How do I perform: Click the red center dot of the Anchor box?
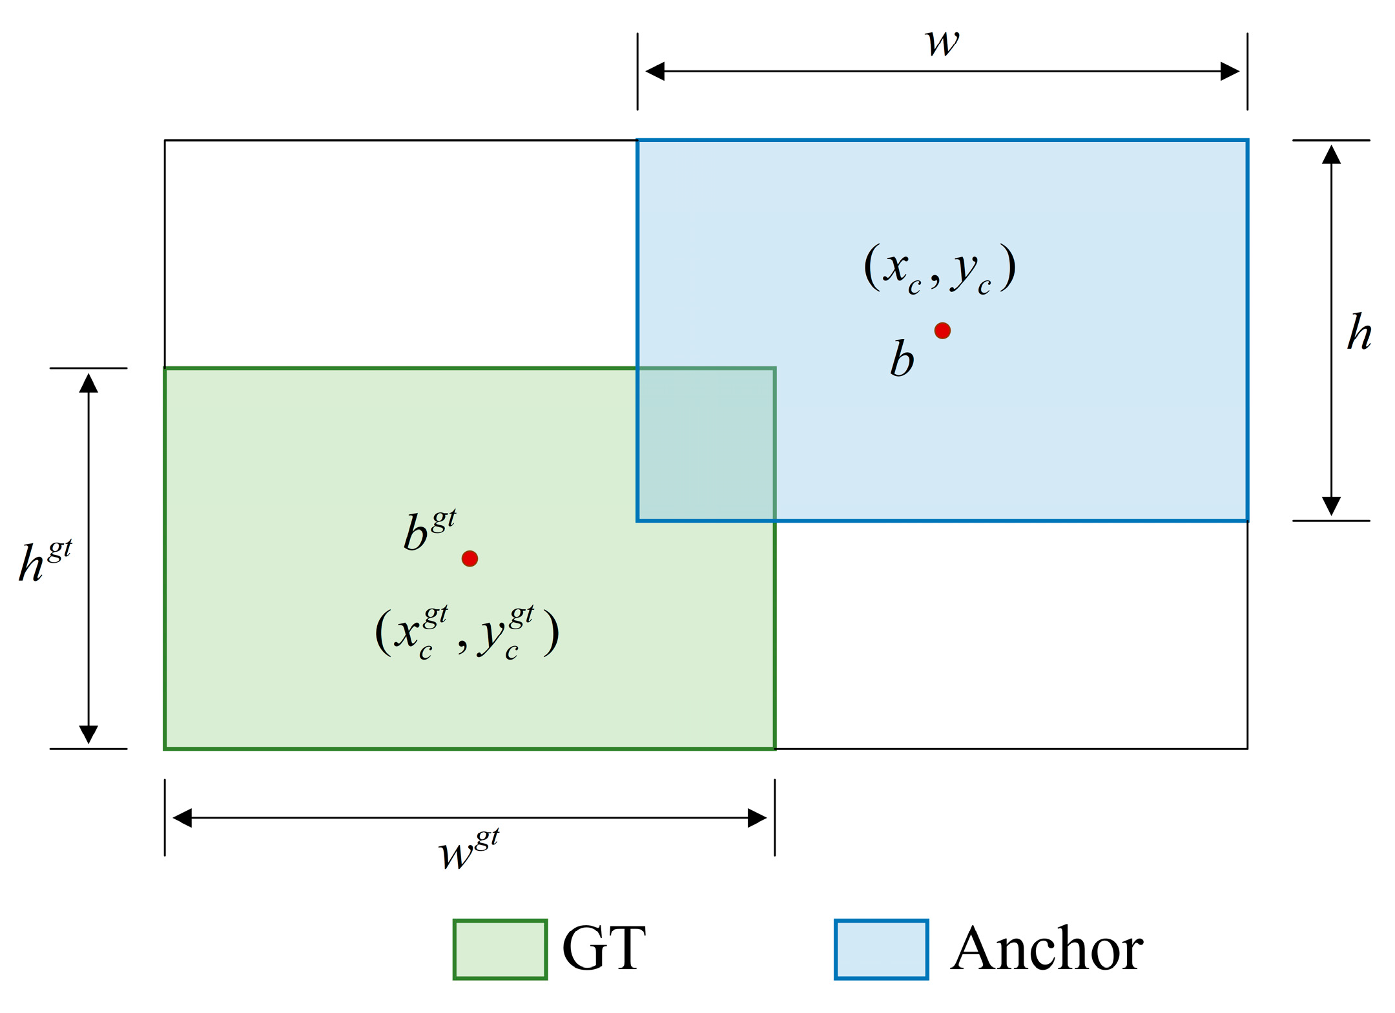coord(942,331)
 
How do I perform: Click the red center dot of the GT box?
coord(470,558)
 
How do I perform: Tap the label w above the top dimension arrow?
coord(942,43)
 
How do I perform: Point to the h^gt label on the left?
coord(44,561)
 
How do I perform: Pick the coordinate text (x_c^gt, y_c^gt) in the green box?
coord(467,633)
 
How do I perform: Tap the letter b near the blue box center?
coord(902,359)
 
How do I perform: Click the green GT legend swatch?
coord(501,949)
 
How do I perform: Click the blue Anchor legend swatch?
coord(882,949)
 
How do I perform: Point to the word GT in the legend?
coord(604,949)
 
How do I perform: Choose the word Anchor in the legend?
coord(1046,949)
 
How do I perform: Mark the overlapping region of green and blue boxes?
coord(706,444)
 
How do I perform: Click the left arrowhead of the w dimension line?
coord(655,71)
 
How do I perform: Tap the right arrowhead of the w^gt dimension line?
coord(757,818)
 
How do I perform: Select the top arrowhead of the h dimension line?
coord(1331,154)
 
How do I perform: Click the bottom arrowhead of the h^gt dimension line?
coord(88,734)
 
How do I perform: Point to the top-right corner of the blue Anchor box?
coord(1247,140)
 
